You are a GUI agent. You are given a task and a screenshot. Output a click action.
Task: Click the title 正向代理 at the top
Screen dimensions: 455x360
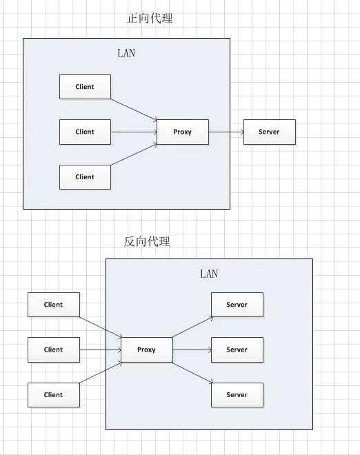(150, 19)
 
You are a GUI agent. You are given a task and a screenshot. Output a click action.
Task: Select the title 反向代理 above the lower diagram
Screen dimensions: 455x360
(147, 241)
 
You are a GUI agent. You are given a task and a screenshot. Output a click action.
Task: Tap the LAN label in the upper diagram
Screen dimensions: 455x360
(126, 53)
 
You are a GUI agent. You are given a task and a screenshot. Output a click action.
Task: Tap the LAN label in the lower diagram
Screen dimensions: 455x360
(209, 274)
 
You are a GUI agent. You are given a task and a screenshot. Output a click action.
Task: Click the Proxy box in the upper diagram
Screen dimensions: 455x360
(183, 132)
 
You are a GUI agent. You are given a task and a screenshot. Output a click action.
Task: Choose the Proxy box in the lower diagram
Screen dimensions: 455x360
(146, 350)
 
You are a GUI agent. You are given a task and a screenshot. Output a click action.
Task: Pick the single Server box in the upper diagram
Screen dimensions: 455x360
(269, 132)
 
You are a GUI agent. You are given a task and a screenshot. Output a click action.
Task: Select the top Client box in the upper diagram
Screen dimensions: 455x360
(85, 87)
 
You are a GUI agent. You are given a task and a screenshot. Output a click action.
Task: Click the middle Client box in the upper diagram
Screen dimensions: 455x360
(85, 132)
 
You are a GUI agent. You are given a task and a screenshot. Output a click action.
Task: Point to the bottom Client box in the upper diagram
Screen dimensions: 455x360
(85, 176)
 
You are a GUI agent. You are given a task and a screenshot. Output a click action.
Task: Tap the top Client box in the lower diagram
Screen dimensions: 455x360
(53, 305)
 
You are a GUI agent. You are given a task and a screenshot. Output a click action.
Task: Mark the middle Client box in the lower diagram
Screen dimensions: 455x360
(53, 350)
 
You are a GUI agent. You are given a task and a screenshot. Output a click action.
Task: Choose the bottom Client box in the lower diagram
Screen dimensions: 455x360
(53, 394)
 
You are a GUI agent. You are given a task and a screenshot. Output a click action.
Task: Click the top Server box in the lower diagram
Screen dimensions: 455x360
(237, 305)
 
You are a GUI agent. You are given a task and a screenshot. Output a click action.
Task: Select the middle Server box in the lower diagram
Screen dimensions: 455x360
(237, 350)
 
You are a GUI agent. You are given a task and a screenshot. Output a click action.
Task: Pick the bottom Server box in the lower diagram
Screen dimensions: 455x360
(237, 394)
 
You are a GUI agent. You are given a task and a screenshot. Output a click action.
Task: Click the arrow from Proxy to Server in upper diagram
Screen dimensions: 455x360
(226, 132)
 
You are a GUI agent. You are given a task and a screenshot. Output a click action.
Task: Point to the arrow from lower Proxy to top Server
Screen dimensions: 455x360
(192, 327)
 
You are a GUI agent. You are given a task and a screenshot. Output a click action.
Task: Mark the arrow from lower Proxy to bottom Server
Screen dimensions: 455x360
(192, 372)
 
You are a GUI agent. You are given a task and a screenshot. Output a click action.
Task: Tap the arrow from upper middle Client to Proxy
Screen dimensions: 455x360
(134, 132)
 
